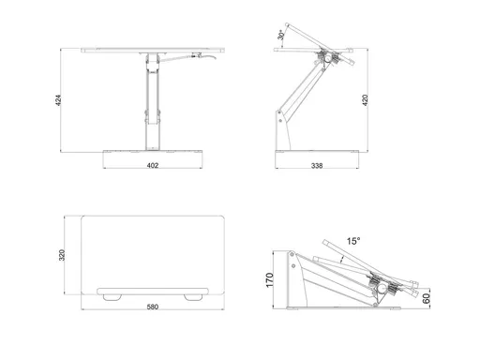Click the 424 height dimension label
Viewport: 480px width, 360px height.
(58, 100)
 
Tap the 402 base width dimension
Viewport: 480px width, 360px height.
(153, 165)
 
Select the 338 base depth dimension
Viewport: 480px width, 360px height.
(317, 165)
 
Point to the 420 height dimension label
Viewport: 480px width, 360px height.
(365, 100)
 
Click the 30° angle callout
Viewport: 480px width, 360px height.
(280, 35)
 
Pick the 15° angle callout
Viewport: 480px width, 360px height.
(353, 241)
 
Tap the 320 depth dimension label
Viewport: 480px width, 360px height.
(62, 255)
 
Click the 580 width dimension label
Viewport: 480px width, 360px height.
(153, 307)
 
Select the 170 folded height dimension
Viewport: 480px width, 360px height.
(269, 280)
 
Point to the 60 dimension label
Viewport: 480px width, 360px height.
(426, 298)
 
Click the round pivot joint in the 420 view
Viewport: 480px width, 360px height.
(328, 58)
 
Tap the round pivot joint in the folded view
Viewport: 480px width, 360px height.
(382, 288)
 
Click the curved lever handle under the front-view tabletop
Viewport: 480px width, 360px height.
(189, 57)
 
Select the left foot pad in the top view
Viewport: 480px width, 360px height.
(112, 297)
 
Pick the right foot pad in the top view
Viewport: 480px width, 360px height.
(193, 297)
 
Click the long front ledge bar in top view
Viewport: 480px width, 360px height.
(153, 292)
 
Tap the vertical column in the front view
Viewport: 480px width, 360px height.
(153, 101)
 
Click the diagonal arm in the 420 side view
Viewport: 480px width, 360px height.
(302, 91)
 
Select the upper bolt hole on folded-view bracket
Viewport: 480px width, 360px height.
(292, 254)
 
